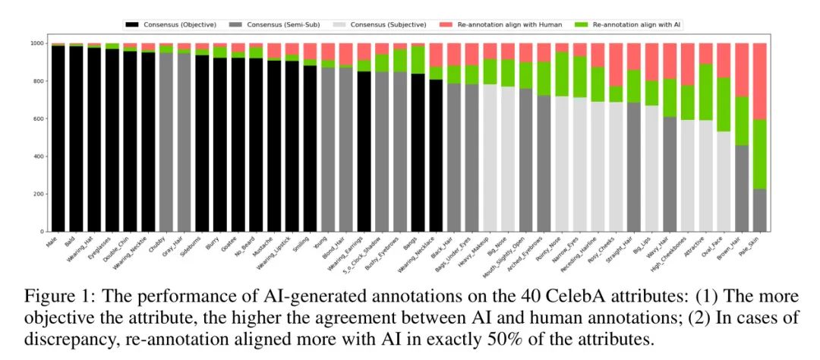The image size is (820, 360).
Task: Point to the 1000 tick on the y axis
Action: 36,43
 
